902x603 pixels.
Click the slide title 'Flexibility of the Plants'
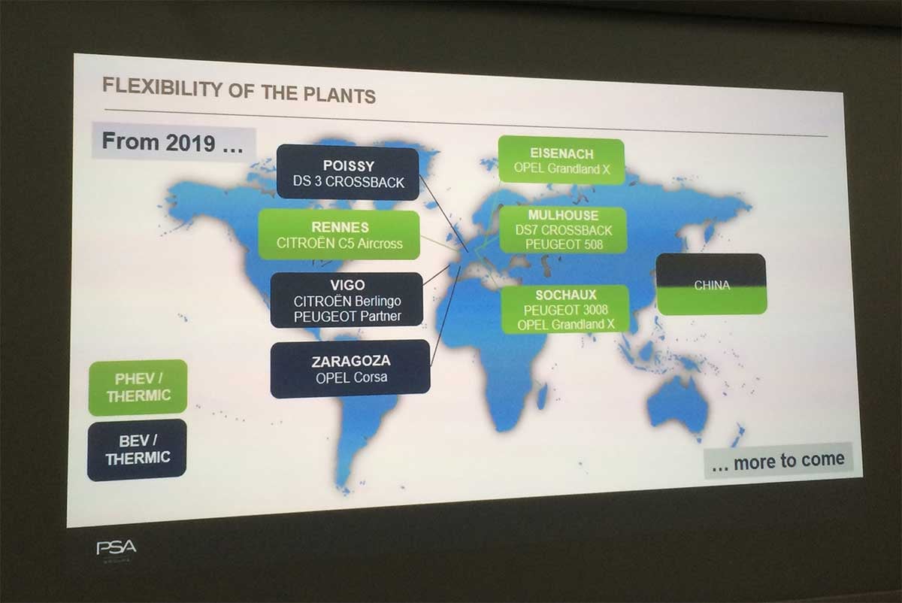239,90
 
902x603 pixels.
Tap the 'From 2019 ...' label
174,142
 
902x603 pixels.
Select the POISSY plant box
348,173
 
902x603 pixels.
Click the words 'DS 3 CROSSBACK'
348,182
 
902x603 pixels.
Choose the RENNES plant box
339,235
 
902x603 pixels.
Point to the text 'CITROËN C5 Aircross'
340,244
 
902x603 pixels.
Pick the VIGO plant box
347,300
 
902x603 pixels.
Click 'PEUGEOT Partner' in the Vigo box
347,317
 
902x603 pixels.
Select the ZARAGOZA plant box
350,369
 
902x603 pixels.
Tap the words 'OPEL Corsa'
352,378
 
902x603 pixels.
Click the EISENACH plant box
561,160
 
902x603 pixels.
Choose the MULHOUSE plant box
563,229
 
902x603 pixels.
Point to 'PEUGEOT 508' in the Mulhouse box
565,244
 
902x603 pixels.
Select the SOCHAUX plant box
565,309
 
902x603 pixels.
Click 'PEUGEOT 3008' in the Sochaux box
566,311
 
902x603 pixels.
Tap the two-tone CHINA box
712,284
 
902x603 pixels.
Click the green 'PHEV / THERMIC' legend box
138,387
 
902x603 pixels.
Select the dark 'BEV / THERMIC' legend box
137,450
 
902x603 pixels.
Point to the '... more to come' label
778,461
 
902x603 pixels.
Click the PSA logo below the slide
117,548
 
